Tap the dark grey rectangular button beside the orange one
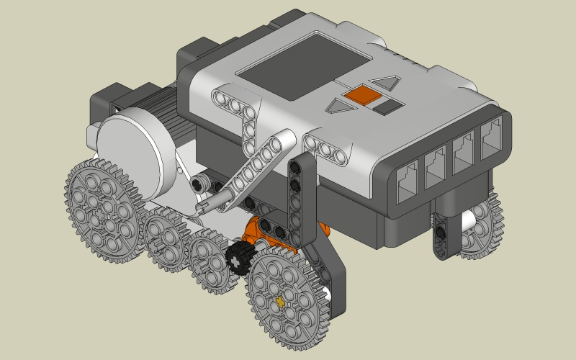click(387, 107)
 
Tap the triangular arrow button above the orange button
click(387, 84)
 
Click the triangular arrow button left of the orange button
click(338, 107)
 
